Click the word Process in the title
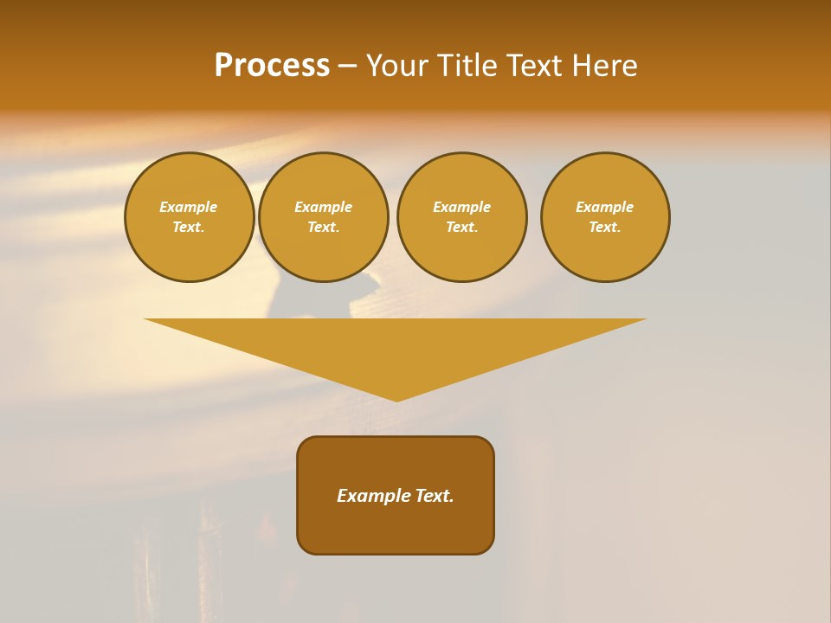tap(272, 66)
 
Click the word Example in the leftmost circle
tap(189, 207)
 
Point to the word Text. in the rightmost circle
tap(605, 227)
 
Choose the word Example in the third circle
tap(462, 207)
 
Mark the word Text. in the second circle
tap(324, 227)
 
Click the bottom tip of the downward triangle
tap(397, 399)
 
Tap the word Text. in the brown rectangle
tap(434, 496)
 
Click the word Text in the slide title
tap(535, 66)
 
